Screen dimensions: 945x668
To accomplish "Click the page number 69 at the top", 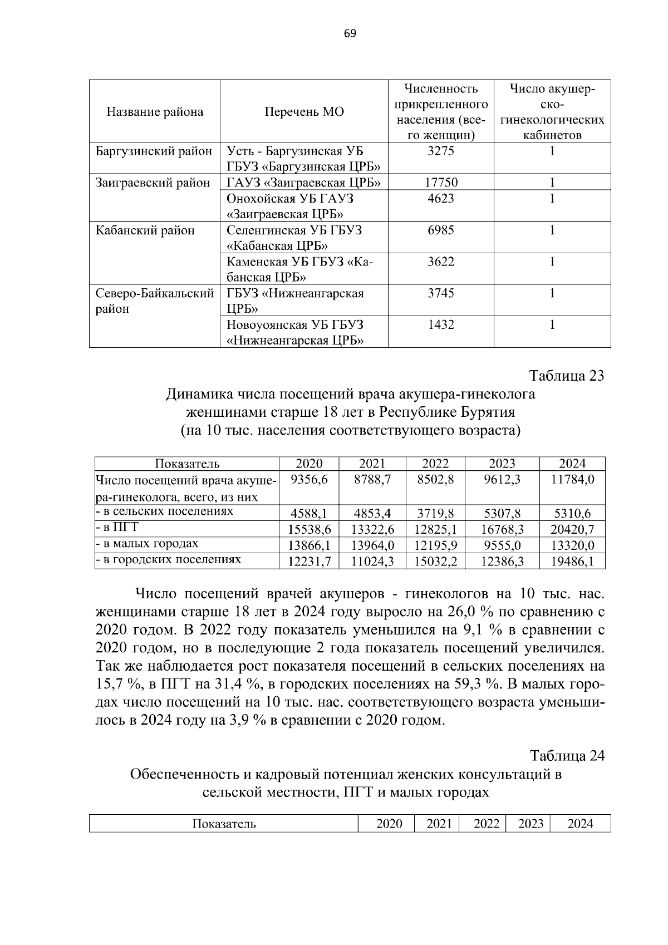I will click(x=350, y=34).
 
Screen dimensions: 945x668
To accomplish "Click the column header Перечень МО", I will click(x=304, y=112).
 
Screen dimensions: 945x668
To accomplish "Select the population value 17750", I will click(x=441, y=183).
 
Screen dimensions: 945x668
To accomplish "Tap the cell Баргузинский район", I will click(x=154, y=151).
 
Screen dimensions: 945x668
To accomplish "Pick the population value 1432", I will click(x=441, y=325).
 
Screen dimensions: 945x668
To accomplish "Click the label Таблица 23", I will click(x=567, y=376).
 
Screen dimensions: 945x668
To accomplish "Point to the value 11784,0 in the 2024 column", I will click(x=572, y=479).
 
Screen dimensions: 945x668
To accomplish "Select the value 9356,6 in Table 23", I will click(x=309, y=479).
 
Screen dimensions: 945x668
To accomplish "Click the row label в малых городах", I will click(x=148, y=544).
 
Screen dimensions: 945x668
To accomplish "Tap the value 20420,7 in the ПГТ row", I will click(x=572, y=529).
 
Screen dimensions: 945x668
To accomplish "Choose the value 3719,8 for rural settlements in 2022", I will click(x=435, y=514).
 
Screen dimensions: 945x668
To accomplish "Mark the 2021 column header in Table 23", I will click(x=372, y=464).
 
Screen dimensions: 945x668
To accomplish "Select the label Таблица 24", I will click(x=567, y=756).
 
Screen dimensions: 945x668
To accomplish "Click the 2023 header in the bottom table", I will click(x=530, y=824).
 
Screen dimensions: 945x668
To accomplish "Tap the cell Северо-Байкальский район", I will click(x=155, y=301).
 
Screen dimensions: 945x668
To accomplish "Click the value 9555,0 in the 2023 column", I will click(x=502, y=545).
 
